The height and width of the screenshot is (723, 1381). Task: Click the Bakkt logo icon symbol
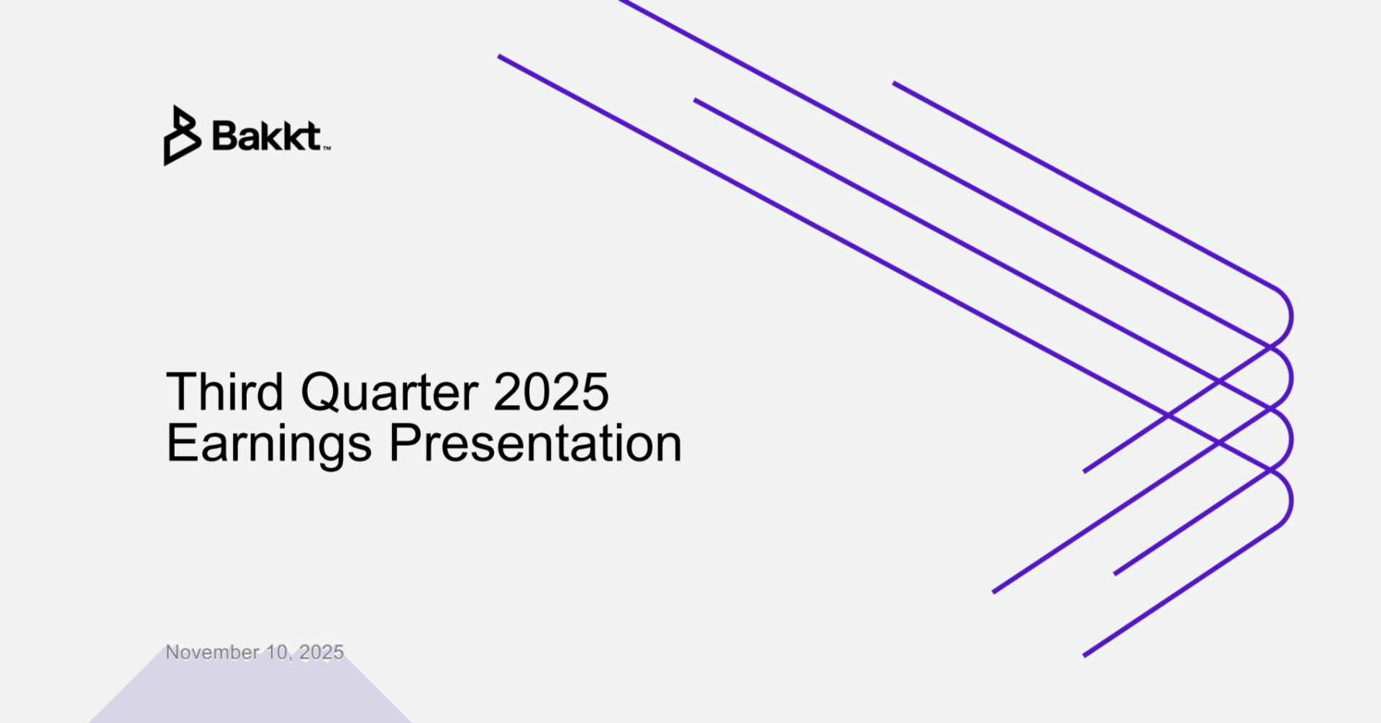click(x=181, y=136)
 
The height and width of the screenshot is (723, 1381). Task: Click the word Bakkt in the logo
click(x=266, y=136)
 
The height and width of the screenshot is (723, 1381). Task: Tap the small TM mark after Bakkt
click(x=327, y=148)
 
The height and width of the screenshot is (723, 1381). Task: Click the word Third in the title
click(x=224, y=392)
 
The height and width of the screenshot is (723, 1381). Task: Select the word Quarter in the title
click(x=389, y=392)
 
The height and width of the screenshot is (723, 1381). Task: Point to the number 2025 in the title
click(x=551, y=392)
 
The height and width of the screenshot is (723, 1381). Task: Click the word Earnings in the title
click(x=268, y=444)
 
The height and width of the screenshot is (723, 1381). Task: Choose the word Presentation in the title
click(x=535, y=444)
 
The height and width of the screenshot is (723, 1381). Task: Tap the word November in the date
click(x=212, y=652)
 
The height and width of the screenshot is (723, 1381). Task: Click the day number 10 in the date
click(x=276, y=652)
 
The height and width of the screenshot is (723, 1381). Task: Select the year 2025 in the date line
click(x=322, y=652)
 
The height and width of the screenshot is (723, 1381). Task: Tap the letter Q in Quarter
click(x=320, y=392)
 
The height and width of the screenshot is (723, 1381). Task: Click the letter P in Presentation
click(x=404, y=442)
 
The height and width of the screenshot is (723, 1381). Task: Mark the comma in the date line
click(x=291, y=658)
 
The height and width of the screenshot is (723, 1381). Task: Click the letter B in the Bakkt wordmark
click(x=225, y=136)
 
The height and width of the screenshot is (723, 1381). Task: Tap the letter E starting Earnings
click(x=181, y=442)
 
